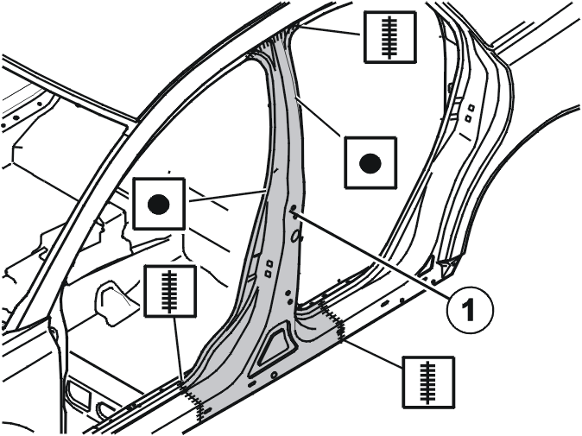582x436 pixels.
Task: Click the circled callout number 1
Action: pos(470,309)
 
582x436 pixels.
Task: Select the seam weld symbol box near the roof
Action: pos(389,37)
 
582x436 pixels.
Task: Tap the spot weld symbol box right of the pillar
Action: pos(370,162)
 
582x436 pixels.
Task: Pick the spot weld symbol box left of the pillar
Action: pos(159,204)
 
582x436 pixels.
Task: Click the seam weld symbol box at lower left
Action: pos(170,291)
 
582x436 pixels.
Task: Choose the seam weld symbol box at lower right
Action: pos(428,382)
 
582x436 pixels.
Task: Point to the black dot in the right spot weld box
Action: pos(370,163)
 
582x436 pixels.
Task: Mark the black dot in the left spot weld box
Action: pos(159,204)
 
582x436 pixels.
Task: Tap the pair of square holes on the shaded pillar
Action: pos(269,269)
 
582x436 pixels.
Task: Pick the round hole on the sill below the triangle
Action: pos(274,376)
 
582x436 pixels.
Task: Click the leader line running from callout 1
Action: pos(370,250)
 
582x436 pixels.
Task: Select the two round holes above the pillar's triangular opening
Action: pos(288,296)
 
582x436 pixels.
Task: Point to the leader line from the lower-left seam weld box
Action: pos(177,349)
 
